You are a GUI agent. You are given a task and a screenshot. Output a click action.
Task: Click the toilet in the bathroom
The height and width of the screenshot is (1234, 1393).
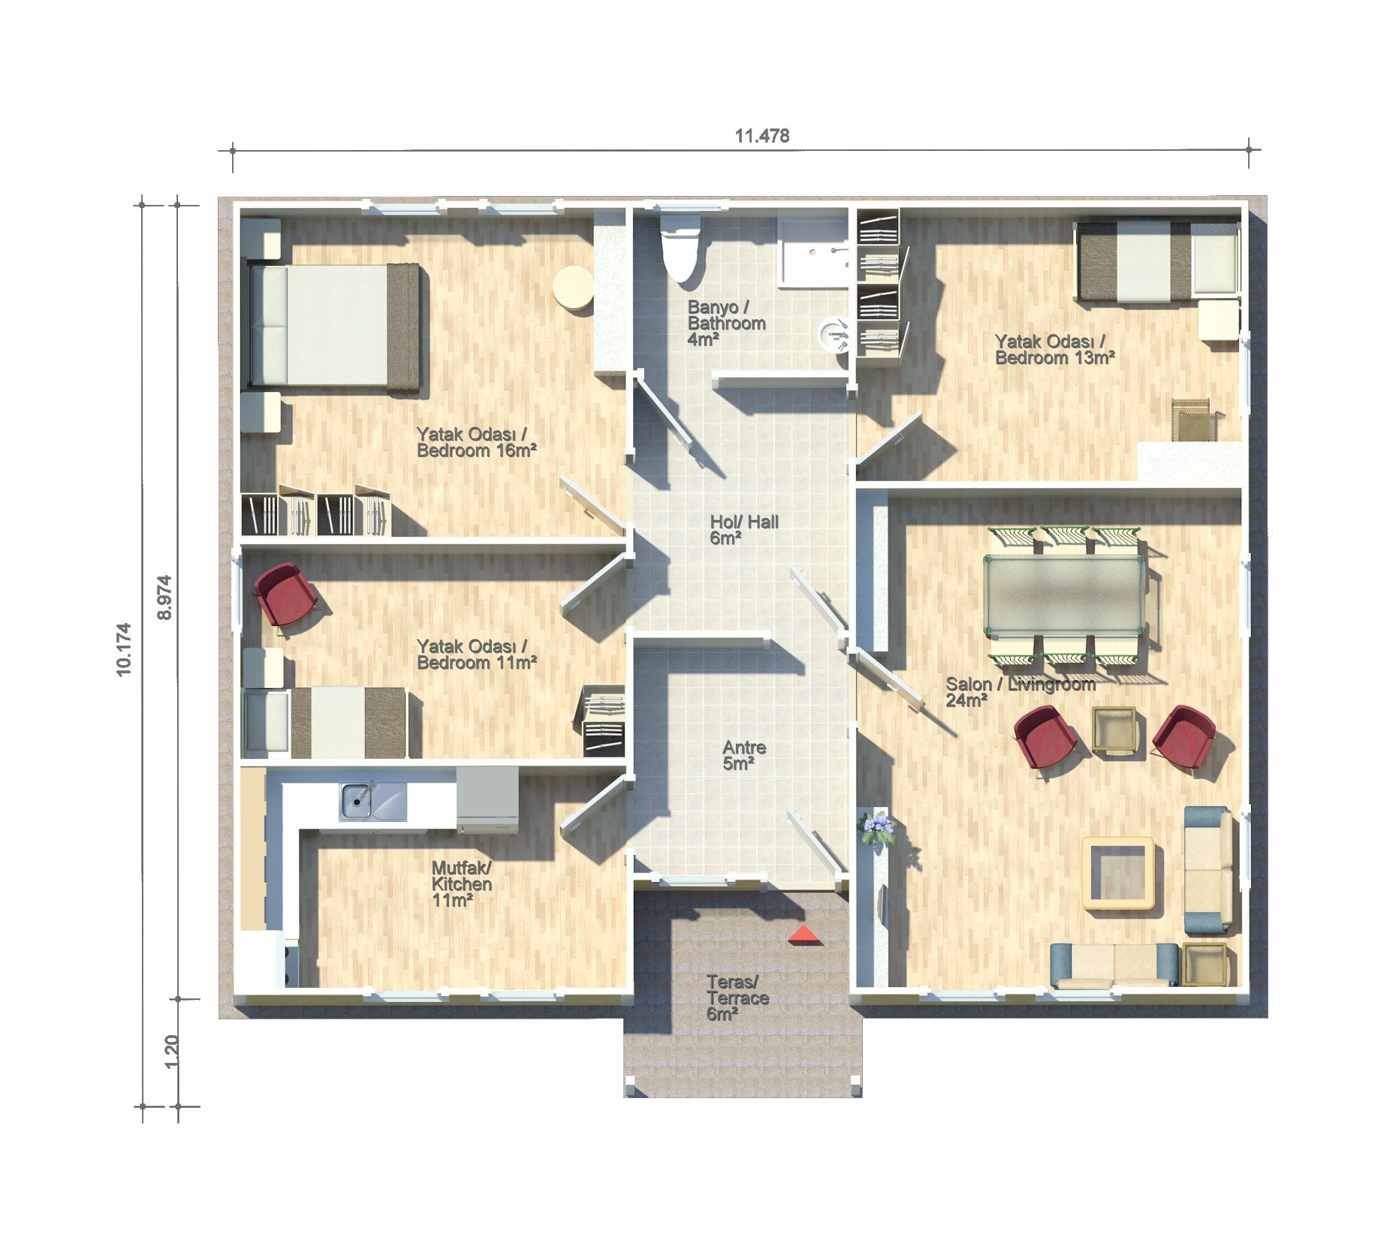680,247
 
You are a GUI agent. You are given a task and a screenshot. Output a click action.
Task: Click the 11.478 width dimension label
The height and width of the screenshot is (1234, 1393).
761,136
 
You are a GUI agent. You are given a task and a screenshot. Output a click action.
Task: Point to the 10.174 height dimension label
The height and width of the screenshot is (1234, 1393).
124,649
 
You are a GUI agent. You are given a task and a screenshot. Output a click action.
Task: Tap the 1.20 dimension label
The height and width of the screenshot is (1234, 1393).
171,1051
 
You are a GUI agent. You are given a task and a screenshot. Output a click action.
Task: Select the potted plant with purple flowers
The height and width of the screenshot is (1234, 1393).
876,829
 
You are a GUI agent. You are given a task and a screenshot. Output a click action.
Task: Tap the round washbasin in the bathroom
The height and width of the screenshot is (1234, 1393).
834,335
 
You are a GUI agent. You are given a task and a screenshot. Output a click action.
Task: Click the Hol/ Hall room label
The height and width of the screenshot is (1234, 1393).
743,529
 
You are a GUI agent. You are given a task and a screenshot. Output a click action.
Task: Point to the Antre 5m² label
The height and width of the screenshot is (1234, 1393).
744,755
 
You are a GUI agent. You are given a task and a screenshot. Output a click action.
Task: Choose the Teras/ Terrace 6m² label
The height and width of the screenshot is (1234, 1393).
737,998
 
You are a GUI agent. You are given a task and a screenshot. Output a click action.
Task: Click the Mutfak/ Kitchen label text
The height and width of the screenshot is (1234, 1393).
462,876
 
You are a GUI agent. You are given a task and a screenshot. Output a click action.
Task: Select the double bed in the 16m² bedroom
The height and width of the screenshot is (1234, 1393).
333,326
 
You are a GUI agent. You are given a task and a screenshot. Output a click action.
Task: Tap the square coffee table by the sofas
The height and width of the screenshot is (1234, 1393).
1119,873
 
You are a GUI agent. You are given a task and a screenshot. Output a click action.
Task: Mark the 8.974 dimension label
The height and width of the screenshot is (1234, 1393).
164,597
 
